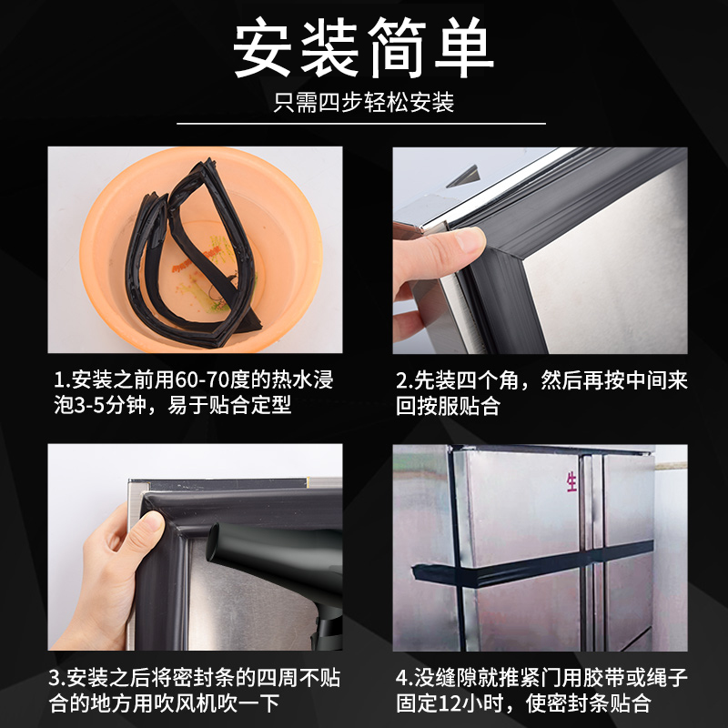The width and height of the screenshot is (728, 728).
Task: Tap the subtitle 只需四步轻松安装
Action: (x=364, y=103)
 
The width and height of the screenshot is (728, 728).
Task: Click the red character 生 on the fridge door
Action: (x=572, y=481)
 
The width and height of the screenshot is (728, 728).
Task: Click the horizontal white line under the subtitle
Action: (x=364, y=123)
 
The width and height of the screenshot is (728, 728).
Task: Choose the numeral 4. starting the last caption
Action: (x=402, y=678)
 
